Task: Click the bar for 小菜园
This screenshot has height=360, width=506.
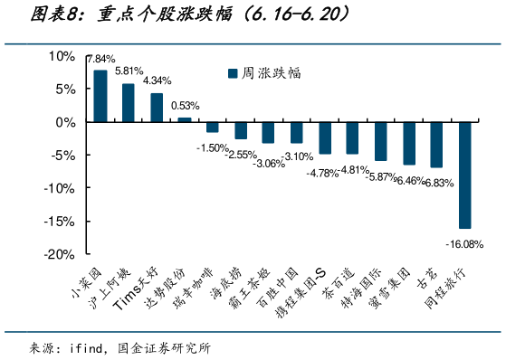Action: point(100,96)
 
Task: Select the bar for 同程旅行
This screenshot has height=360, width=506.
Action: point(464,175)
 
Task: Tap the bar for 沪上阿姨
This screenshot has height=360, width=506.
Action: point(129,102)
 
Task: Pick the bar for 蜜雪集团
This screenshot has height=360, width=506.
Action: point(408,143)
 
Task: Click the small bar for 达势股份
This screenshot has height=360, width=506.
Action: point(185,119)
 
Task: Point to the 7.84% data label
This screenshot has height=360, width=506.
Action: point(100,59)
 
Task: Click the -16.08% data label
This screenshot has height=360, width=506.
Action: point(463,243)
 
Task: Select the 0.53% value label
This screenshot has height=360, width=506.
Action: point(185,105)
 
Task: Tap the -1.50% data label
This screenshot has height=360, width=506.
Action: point(214,147)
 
